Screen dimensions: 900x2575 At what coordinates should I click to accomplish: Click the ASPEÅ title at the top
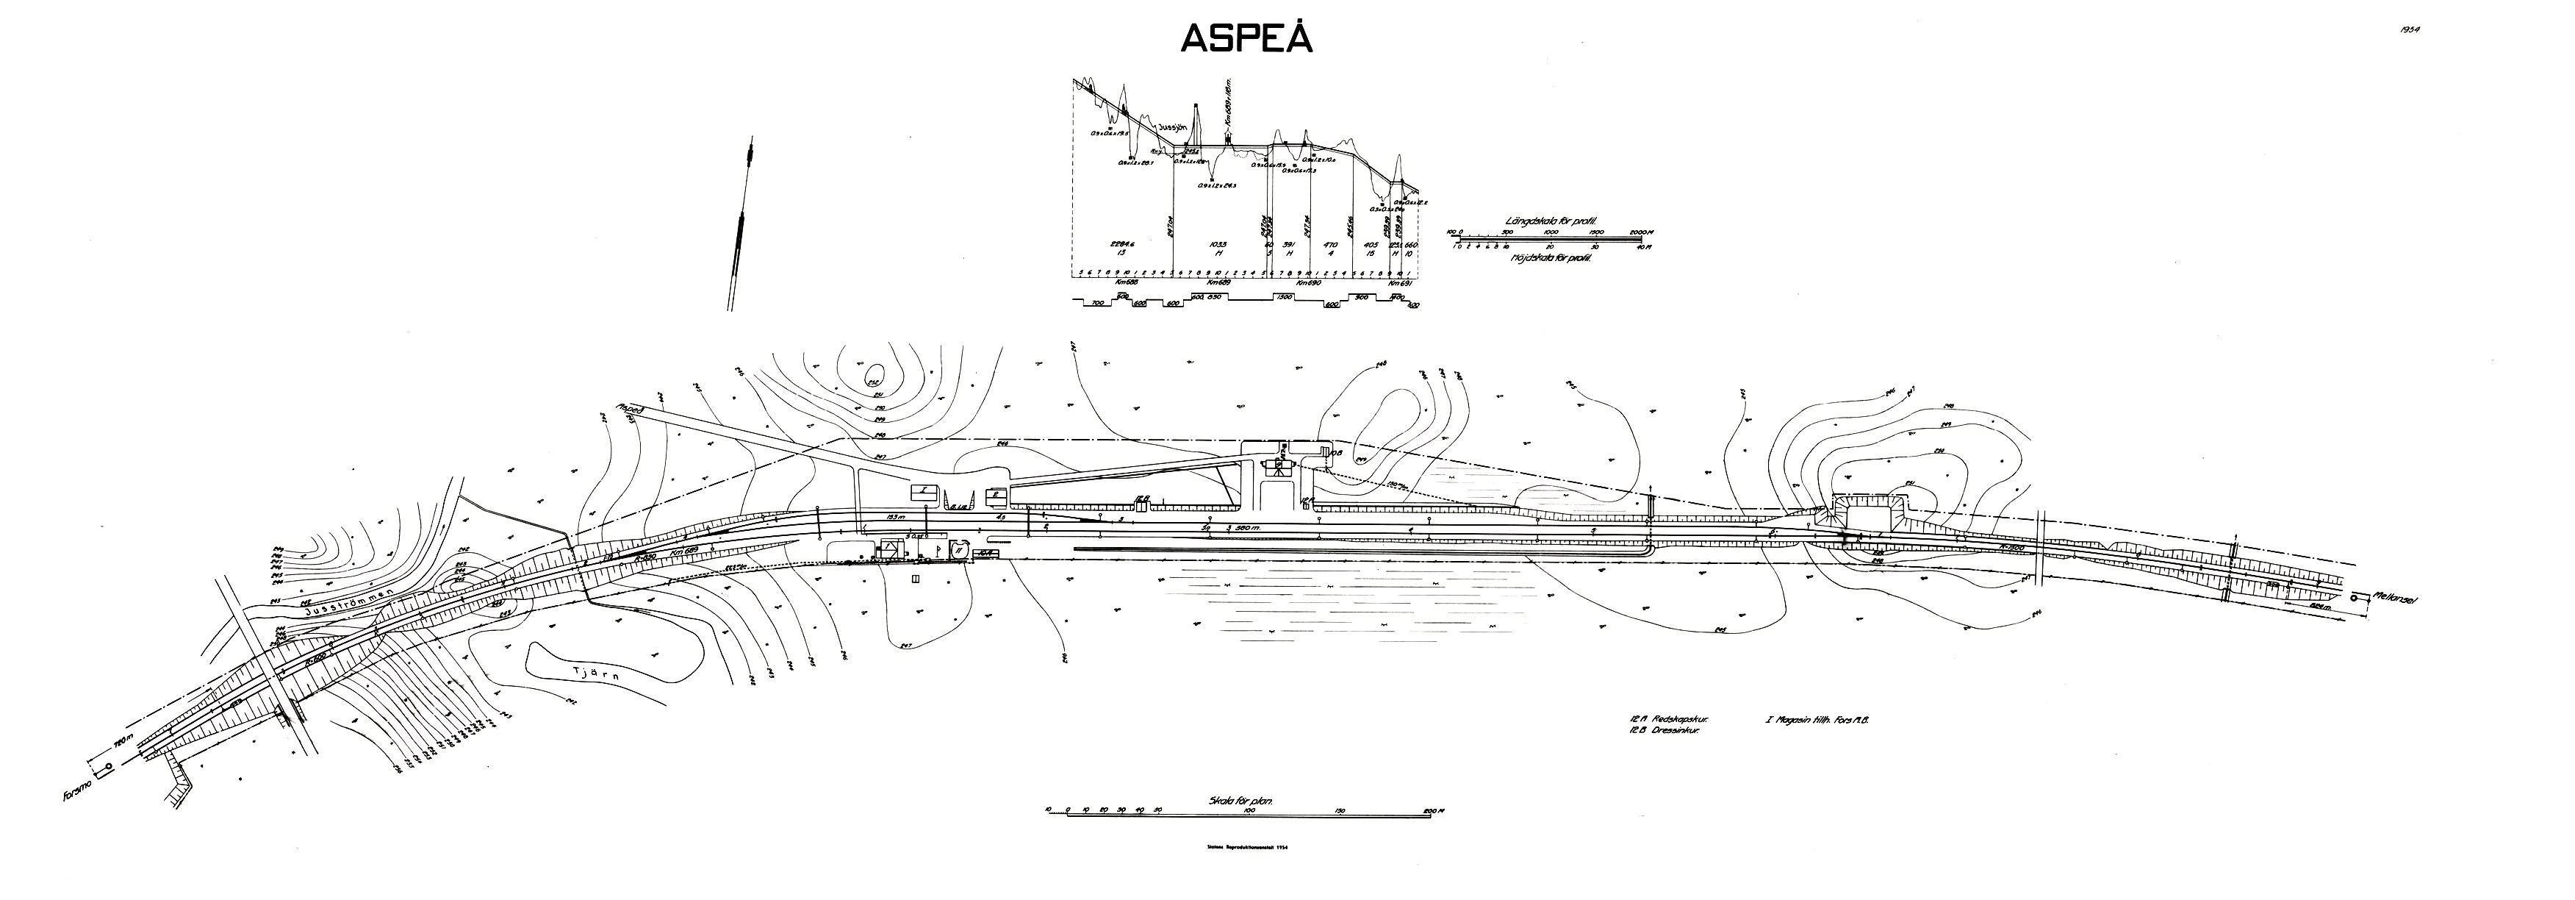(1246, 38)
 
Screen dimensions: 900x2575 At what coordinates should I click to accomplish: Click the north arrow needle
(741, 230)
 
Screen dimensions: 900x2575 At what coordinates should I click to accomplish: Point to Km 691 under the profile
(1401, 283)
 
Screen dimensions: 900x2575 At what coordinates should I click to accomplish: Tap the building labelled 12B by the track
(1141, 497)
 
